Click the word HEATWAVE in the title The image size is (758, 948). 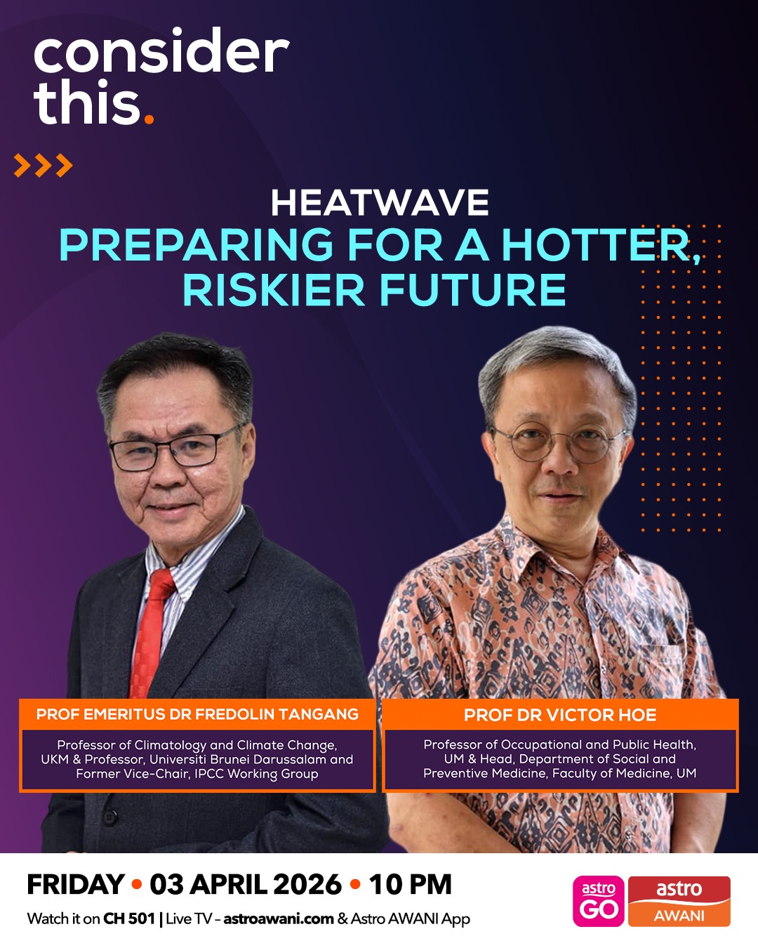380,204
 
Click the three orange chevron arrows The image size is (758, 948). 43,166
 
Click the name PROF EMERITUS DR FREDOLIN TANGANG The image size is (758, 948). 197,715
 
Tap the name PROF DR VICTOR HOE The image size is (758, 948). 560,716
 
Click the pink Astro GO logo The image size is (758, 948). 599,902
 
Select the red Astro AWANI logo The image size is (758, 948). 679,902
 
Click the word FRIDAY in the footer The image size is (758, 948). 76,885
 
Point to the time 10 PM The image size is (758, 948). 411,885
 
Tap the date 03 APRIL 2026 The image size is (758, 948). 246,885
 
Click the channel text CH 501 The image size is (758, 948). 129,919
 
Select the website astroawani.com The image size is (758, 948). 278,919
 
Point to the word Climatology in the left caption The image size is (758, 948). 171,745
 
